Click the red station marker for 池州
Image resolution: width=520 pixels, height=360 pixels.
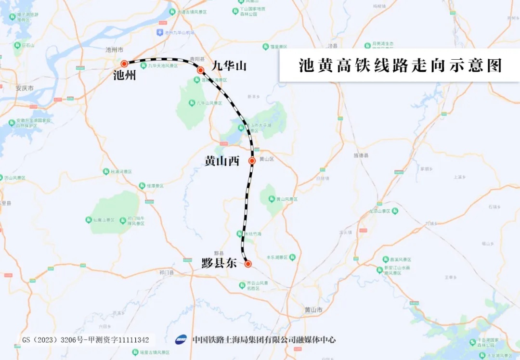point(124,64)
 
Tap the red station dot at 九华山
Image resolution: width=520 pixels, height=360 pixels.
point(201,70)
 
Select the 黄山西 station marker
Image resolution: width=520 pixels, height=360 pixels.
point(252,161)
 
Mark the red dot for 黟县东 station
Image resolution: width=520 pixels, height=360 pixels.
point(248,264)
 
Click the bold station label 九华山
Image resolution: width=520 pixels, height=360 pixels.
point(229,65)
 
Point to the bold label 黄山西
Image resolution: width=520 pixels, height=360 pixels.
point(222,161)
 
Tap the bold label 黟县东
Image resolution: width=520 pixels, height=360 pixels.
point(219,263)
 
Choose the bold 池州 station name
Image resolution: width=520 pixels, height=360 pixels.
point(125,76)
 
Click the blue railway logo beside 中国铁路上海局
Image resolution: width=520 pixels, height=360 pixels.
point(181,339)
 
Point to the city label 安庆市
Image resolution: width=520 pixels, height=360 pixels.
point(25,89)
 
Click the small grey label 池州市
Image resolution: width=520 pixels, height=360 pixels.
point(115,50)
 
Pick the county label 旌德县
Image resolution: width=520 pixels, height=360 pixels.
point(361,155)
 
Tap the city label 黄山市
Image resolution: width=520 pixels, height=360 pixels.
point(313,309)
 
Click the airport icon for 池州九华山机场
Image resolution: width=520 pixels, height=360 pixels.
point(160,32)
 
